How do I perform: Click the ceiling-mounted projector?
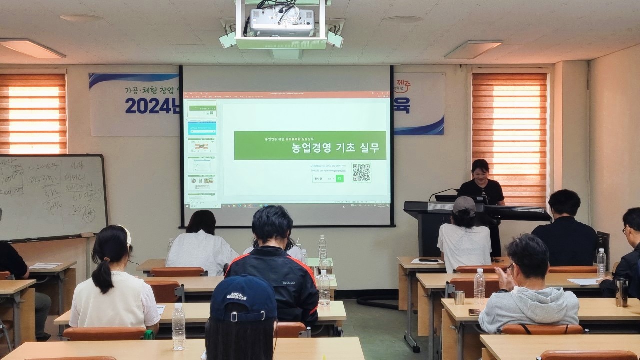pyautogui.click(x=281, y=22)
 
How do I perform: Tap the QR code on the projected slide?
pyautogui.click(x=361, y=172)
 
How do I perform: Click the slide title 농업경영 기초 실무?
pyautogui.click(x=336, y=148)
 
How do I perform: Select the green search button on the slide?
pyautogui.click(x=340, y=178)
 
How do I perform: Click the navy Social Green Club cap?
pyautogui.click(x=243, y=298)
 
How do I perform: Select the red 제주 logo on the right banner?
pyautogui.click(x=402, y=84)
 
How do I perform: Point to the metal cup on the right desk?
pyautogui.click(x=459, y=298)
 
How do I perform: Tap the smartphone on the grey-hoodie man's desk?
pyautogui.click(x=474, y=312)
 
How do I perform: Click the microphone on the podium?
pyautogui.click(x=443, y=192)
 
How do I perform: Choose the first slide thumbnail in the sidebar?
pyautogui.click(x=202, y=109)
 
